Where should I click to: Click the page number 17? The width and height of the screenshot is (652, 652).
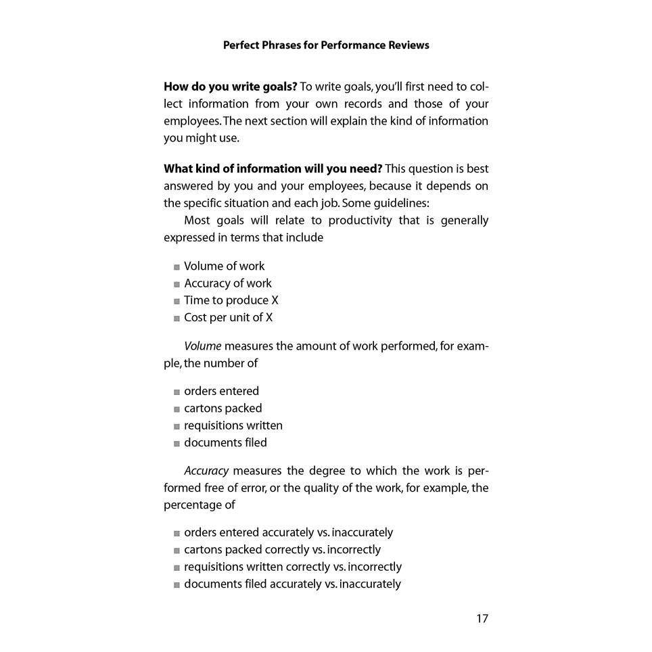(x=482, y=618)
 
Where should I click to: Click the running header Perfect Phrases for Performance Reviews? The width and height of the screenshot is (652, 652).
(x=326, y=45)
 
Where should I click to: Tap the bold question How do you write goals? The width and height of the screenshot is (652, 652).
(x=230, y=87)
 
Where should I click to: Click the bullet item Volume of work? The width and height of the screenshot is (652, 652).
(x=224, y=266)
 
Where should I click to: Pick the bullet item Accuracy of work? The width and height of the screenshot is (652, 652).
(x=227, y=283)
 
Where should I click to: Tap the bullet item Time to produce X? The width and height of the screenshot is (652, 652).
(x=231, y=300)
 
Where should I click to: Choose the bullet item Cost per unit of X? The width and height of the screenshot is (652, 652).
(x=228, y=317)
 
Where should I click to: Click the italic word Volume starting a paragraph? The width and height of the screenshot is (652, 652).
(x=202, y=346)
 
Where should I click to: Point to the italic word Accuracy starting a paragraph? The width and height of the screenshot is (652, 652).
(x=206, y=471)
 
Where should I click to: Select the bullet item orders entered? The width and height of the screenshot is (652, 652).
(x=221, y=391)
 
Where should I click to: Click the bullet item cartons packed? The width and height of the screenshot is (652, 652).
(x=223, y=409)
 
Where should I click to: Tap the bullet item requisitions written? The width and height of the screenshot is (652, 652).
(x=233, y=425)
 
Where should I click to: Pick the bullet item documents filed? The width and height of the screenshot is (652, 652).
(x=225, y=442)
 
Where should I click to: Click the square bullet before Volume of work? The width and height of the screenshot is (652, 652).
(x=177, y=267)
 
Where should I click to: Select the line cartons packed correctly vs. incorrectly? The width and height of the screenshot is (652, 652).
(x=282, y=550)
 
